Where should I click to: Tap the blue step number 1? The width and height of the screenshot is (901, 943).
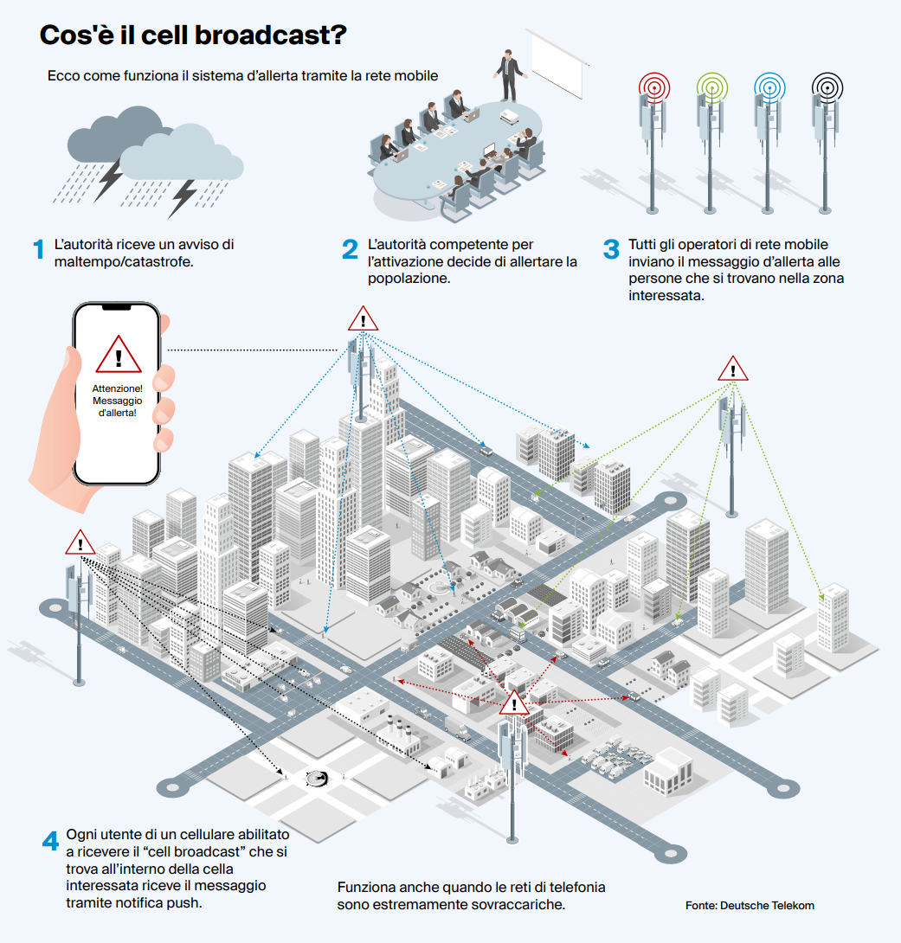(38, 249)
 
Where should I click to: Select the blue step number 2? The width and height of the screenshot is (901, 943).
(350, 249)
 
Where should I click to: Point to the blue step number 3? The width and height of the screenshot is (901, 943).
(611, 249)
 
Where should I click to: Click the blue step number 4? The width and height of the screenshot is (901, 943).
(50, 840)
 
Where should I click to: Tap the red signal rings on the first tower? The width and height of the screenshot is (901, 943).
(653, 87)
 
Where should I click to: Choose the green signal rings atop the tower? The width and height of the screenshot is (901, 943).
(712, 87)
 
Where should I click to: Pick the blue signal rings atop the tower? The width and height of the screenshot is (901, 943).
(770, 87)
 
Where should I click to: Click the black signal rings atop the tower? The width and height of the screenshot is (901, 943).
(827, 87)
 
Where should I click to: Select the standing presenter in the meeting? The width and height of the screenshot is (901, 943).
(510, 76)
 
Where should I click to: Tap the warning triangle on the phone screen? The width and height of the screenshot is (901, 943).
(119, 355)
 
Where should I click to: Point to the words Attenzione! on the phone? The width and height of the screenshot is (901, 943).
(118, 388)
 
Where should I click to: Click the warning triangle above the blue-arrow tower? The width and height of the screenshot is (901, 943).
(363, 318)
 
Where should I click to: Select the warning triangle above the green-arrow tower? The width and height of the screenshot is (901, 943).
(732, 369)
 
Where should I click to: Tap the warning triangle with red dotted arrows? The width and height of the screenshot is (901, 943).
(513, 703)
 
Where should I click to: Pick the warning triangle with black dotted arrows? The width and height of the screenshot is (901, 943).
(80, 542)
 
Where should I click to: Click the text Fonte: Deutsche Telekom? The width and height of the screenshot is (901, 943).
(750, 905)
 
